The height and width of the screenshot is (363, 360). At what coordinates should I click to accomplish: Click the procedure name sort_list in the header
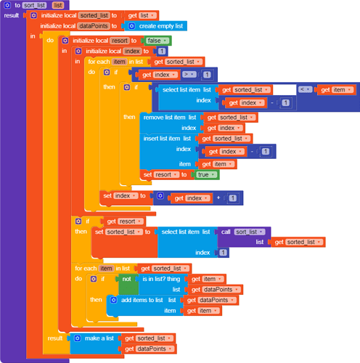point(34,5)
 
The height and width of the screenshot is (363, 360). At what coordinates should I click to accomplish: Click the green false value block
point(154,41)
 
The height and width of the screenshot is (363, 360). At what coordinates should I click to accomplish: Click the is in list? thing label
point(160,278)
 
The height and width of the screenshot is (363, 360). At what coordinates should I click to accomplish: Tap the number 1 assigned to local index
point(162,52)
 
